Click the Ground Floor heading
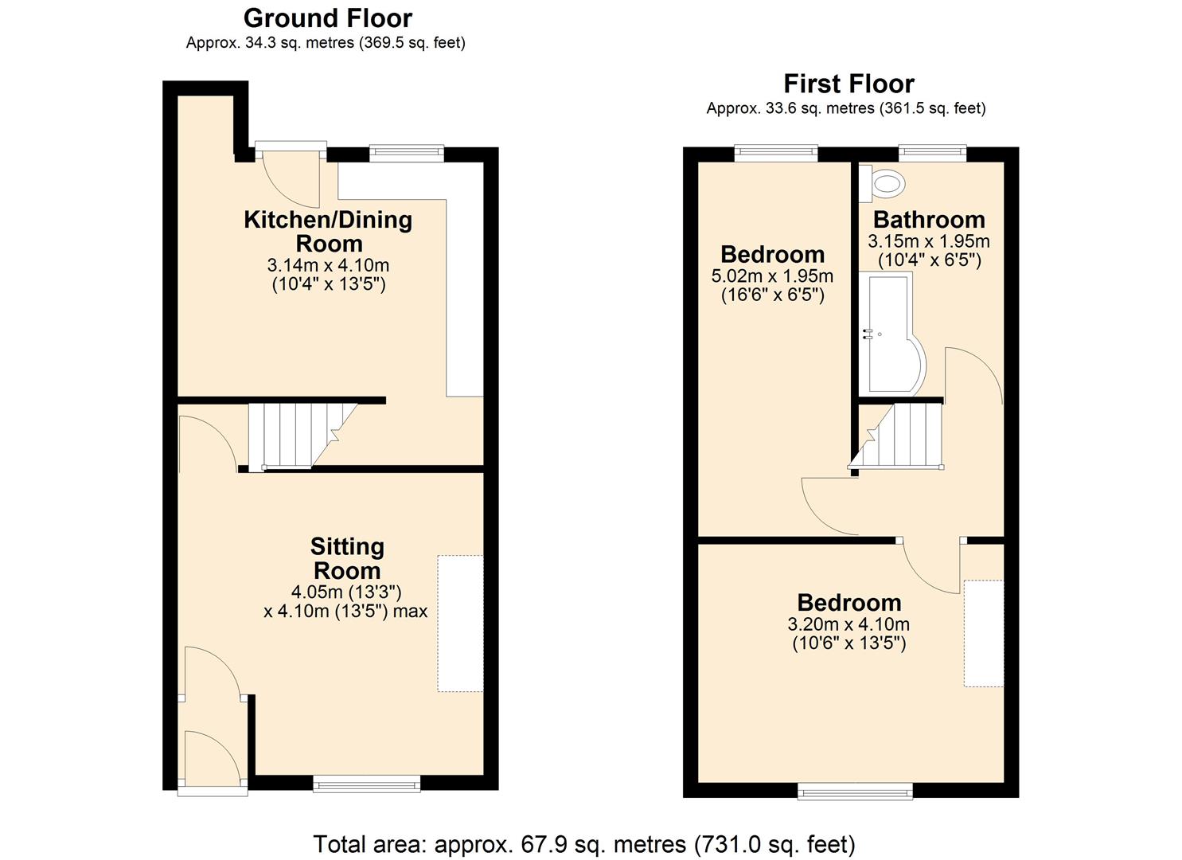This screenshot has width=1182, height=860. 328,18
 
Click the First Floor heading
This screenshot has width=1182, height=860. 848,84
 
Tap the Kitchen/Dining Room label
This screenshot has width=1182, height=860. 328,231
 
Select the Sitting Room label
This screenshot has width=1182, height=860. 347,558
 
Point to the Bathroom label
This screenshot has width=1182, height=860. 929,220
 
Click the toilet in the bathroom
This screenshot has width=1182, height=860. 886,185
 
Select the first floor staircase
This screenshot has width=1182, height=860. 903,436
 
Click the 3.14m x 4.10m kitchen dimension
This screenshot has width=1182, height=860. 328,265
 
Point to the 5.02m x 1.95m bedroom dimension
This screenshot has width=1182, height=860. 772,276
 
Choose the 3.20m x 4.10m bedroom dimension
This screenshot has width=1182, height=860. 848,624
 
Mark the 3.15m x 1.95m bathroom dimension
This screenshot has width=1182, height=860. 929,241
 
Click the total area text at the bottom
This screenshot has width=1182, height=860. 584,844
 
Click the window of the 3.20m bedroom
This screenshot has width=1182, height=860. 856,790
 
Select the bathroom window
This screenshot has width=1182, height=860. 932,153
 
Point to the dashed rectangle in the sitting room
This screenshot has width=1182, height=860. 460,623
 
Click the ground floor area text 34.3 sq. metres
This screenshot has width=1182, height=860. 326,43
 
